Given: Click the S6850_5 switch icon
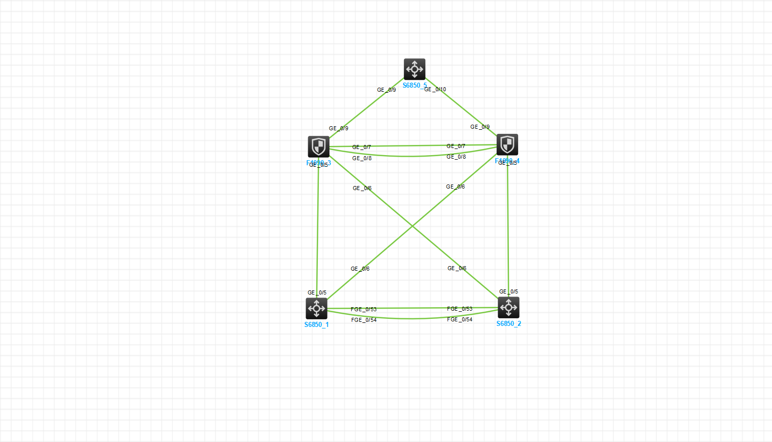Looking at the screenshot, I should pyautogui.click(x=415, y=69).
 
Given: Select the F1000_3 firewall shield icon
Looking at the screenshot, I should pyautogui.click(x=318, y=146).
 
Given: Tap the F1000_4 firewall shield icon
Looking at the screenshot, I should pyautogui.click(x=507, y=144).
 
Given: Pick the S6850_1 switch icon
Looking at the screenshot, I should pyautogui.click(x=316, y=308).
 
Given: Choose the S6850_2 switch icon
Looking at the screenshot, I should pyautogui.click(x=508, y=307).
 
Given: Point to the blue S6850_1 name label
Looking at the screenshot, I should pyautogui.click(x=316, y=325).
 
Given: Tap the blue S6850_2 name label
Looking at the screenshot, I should pyautogui.click(x=508, y=324).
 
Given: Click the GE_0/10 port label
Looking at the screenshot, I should pyautogui.click(x=435, y=90).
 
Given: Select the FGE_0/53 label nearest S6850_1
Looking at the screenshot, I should pyautogui.click(x=363, y=309).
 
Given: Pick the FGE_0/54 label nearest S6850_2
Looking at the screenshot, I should pyautogui.click(x=460, y=320).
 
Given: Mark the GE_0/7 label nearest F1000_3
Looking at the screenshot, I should pyautogui.click(x=361, y=147).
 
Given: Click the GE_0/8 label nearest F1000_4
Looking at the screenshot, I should pyautogui.click(x=456, y=157).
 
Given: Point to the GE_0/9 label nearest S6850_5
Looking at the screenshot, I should pyautogui.click(x=386, y=90).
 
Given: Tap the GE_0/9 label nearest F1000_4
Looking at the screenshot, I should pyautogui.click(x=480, y=127).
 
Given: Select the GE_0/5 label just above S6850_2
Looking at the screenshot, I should pyautogui.click(x=508, y=292).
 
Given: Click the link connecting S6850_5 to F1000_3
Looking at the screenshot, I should pyautogui.click(x=365, y=109).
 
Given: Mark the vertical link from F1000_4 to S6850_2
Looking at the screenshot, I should pyautogui.click(x=508, y=228).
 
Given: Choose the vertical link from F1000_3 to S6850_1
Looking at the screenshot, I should pyautogui.click(x=318, y=228).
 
